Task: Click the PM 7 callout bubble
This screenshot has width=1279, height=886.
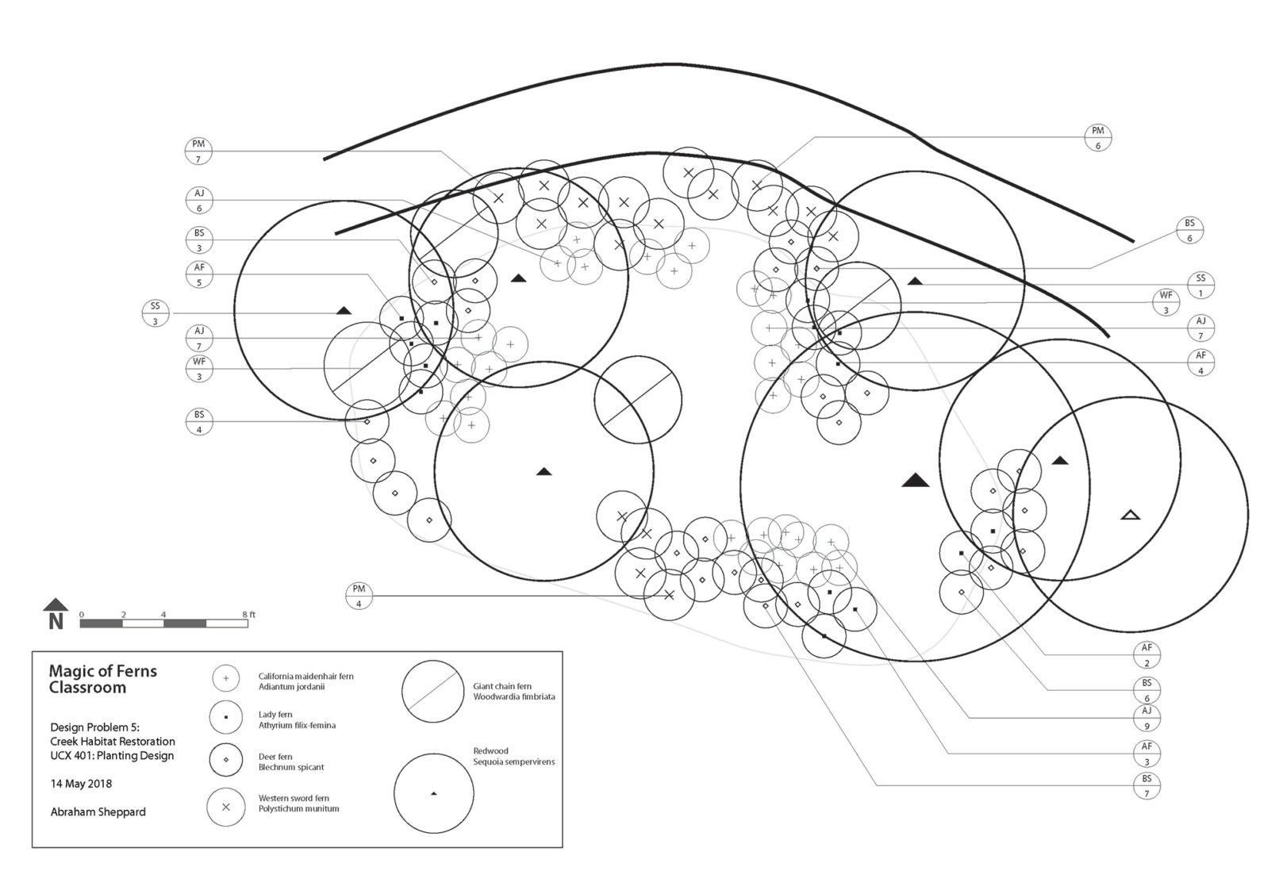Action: pos(198,152)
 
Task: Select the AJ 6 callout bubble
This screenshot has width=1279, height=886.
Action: pos(199,201)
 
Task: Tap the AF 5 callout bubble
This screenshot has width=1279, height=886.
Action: pos(199,274)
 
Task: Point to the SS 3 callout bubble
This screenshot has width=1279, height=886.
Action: pos(156,313)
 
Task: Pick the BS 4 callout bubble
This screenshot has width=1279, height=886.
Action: pos(199,422)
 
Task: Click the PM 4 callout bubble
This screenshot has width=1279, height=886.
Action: pos(359,596)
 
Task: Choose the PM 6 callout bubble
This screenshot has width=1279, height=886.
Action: pos(1098,137)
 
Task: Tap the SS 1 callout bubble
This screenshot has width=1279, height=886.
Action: pos(1200,285)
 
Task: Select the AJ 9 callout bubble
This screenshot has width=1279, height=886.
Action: pos(1146,718)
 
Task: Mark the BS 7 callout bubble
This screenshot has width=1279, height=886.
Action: pos(1146,785)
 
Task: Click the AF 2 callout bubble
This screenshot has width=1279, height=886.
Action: pos(1146,654)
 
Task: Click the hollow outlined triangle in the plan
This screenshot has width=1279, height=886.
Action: pos(1131,516)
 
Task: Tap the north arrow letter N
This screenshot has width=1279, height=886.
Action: pos(56,621)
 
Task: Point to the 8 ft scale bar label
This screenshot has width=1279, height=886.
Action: pos(249,615)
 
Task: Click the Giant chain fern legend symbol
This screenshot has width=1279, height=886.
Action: pos(432,692)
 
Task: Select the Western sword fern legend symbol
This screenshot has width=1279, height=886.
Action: pos(225,807)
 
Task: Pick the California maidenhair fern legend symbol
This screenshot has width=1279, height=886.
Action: pos(225,679)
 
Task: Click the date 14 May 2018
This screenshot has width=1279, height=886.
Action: pos(81,784)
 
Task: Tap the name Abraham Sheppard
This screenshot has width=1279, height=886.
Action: pos(98,812)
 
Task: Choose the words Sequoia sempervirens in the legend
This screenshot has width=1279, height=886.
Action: pos(514,762)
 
